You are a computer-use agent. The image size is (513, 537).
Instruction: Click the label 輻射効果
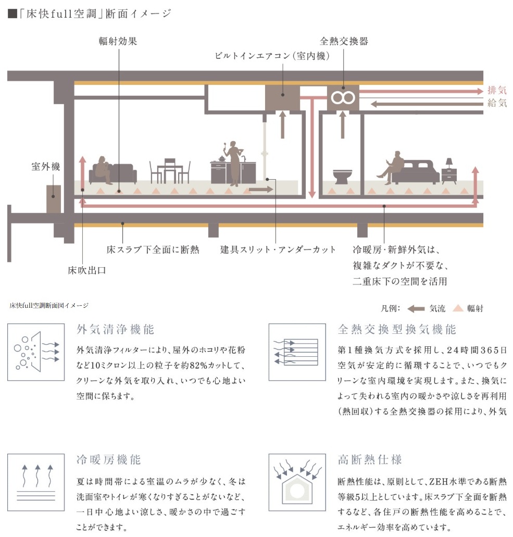tap(118, 41)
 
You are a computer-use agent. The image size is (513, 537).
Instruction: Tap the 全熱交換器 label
tap(344, 41)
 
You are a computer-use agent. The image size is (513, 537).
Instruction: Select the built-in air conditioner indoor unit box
tap(282, 97)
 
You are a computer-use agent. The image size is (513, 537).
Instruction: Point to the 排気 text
tap(497, 90)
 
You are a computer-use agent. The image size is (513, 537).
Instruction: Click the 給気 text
tap(497, 103)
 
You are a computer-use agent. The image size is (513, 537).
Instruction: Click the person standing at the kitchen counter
tap(234, 161)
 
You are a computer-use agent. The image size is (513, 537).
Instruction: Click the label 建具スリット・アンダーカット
tap(278, 249)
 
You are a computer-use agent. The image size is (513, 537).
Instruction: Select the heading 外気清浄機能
tap(116, 329)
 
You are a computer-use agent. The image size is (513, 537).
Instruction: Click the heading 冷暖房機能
tap(108, 460)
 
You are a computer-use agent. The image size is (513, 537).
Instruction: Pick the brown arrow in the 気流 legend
tap(416, 308)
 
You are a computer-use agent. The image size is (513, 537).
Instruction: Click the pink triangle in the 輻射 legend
tap(458, 308)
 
